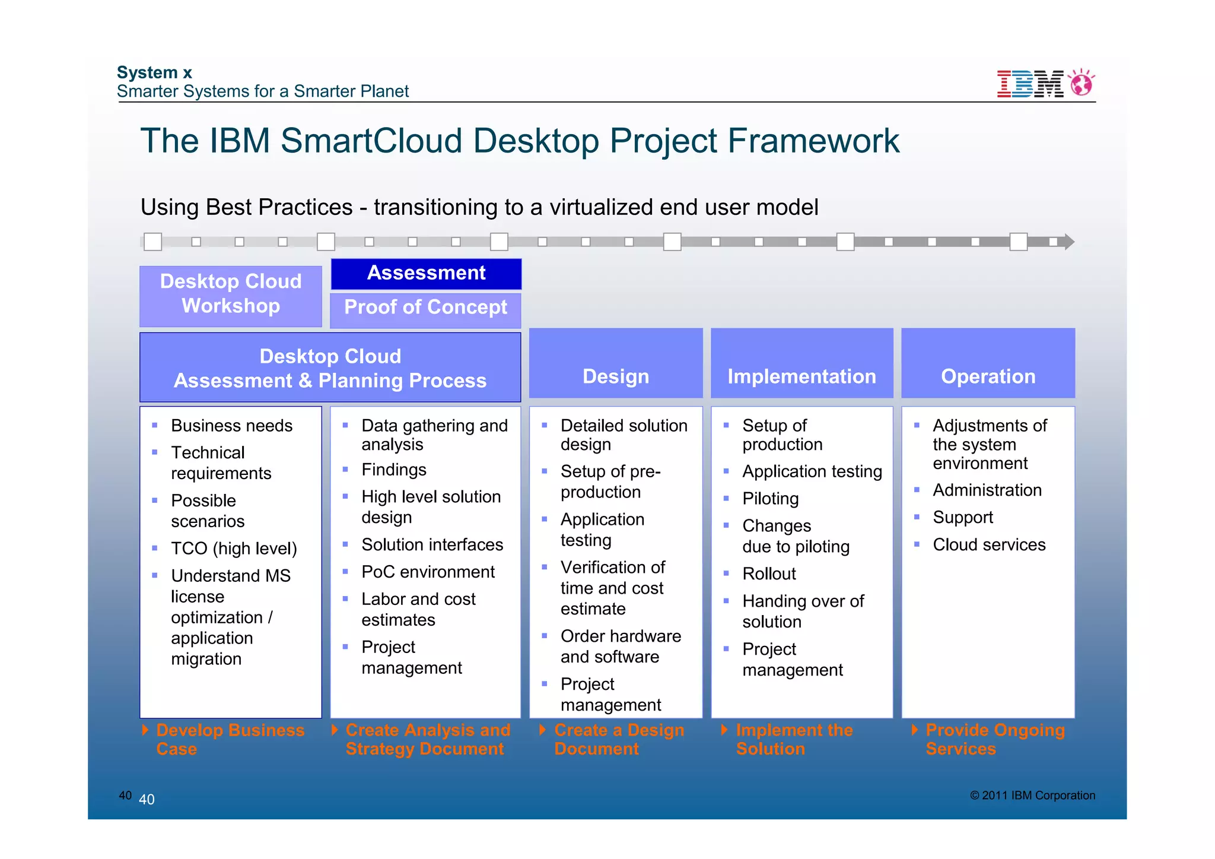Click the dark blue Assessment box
(x=426, y=274)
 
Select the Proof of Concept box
(x=426, y=308)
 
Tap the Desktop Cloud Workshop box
(x=231, y=294)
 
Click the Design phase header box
(x=616, y=363)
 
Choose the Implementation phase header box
(x=801, y=363)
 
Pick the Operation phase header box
(x=988, y=363)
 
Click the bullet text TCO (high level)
(x=234, y=549)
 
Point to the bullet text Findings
(x=394, y=470)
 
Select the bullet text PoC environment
(x=428, y=572)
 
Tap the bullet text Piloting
(x=770, y=499)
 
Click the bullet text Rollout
(x=769, y=574)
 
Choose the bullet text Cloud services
(x=989, y=545)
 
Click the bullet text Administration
(x=987, y=490)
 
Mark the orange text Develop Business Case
(x=230, y=739)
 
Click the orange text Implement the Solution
(x=794, y=739)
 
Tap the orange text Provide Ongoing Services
(x=995, y=739)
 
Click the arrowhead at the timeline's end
(x=1069, y=242)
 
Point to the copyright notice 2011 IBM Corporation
(x=1033, y=795)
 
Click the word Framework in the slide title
(x=813, y=141)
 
